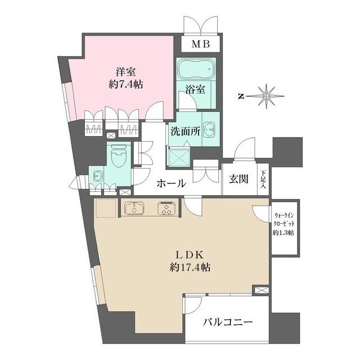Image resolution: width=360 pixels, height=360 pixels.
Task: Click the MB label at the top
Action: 200,44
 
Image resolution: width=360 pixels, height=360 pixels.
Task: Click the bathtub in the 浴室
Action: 196,71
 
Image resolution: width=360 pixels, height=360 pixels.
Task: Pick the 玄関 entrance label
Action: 238,179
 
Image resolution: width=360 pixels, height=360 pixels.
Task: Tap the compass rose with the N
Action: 265,96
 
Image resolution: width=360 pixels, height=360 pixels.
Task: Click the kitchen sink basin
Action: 136,208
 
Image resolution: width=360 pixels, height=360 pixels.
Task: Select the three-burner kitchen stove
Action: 168,208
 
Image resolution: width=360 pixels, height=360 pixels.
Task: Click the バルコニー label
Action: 227,322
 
